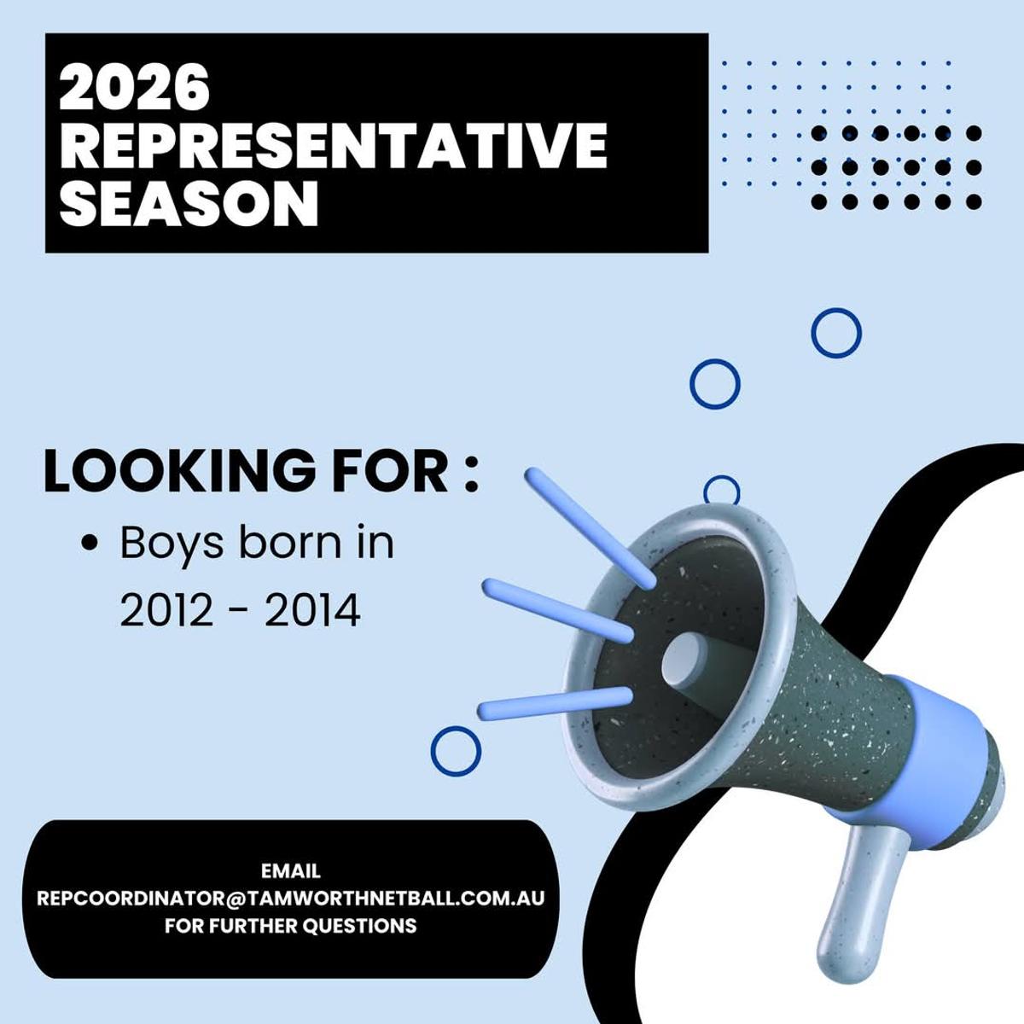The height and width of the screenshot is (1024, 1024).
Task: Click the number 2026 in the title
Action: (x=135, y=87)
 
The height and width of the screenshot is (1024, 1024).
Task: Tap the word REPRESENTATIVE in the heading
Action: (x=333, y=146)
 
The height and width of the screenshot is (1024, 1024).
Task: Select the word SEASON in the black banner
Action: (x=189, y=203)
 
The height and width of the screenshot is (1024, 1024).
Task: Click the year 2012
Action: (x=166, y=611)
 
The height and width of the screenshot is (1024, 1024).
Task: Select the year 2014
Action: (x=312, y=611)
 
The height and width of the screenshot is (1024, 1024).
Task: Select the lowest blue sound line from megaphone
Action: (x=556, y=703)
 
